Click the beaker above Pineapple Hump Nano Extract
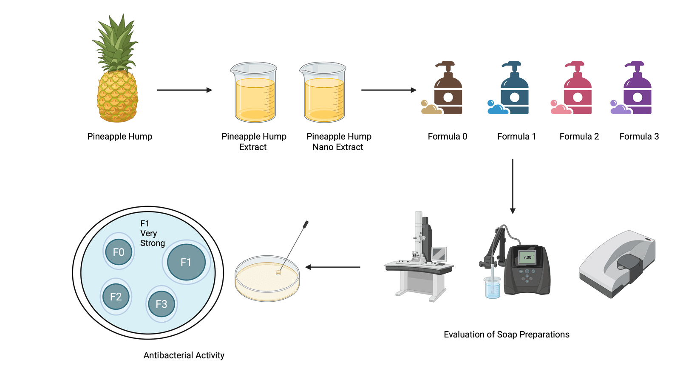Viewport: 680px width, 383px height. tap(323, 94)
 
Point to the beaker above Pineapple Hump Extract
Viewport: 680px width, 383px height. tap(254, 94)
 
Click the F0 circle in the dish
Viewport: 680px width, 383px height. tap(119, 252)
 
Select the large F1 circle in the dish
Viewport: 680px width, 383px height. tap(186, 262)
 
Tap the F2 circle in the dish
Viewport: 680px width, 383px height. tap(116, 297)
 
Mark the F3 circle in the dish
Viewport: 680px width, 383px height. tap(161, 304)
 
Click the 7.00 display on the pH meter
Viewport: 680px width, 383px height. tap(527, 257)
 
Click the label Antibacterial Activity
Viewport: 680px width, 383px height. tap(184, 355)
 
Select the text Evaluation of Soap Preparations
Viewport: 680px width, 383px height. tap(506, 334)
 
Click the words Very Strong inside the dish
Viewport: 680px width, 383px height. tap(152, 238)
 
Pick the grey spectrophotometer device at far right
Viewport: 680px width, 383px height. tap(618, 264)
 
